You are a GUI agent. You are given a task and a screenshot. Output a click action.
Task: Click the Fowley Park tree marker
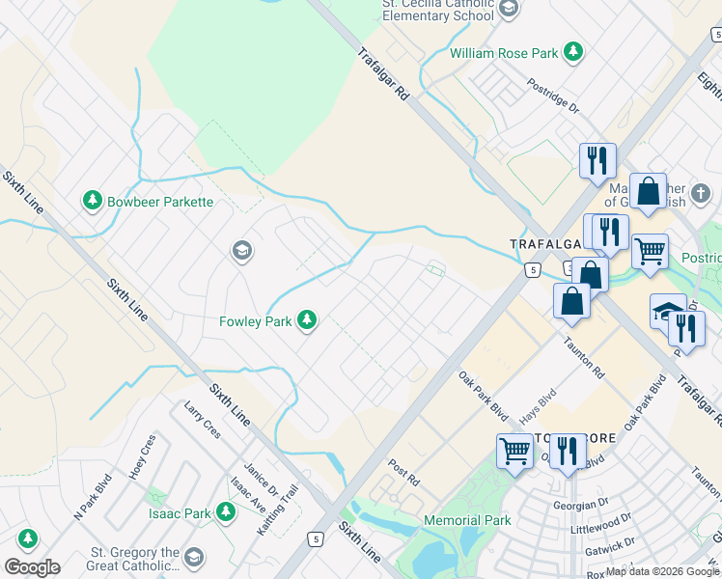point(307,319)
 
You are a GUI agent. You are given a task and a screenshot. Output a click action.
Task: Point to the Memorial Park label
point(467,520)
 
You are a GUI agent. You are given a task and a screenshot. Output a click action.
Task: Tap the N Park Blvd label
point(93,497)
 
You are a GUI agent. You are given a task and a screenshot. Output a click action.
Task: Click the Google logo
point(32,567)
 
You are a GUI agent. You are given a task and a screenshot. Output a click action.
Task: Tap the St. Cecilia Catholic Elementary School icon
point(510,9)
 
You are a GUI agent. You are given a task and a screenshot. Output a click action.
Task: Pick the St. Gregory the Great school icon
point(194,558)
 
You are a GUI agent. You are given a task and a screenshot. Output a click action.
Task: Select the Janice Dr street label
point(256,474)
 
